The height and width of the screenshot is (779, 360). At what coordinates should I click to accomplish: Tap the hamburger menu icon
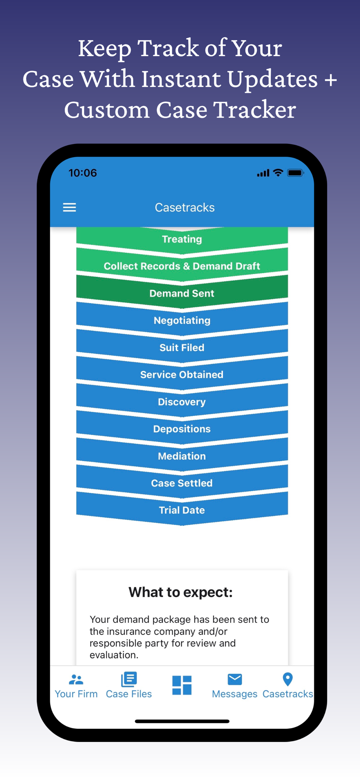(x=69, y=207)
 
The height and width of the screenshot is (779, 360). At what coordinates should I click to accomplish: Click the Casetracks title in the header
(x=185, y=208)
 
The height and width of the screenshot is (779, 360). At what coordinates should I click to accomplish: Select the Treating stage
(x=182, y=239)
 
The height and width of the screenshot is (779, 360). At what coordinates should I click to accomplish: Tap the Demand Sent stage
(x=182, y=293)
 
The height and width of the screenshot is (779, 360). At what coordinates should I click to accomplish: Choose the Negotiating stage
(x=182, y=321)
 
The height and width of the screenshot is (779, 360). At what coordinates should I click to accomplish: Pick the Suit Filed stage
(x=182, y=347)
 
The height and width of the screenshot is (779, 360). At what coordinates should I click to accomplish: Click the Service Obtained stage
(x=182, y=375)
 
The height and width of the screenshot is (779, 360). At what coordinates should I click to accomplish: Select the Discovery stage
(x=182, y=402)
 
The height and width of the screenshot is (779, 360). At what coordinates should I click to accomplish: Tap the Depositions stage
(x=182, y=429)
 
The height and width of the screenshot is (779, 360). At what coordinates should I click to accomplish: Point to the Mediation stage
(x=182, y=456)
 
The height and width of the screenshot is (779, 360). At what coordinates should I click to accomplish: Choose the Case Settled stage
(x=182, y=483)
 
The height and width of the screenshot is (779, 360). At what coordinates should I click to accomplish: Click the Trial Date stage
(x=182, y=510)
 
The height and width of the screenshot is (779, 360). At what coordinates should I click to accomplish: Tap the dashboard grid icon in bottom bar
(x=182, y=685)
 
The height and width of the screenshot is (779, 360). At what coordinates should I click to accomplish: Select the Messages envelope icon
(x=235, y=680)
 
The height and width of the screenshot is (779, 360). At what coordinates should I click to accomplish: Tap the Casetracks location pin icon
(x=288, y=680)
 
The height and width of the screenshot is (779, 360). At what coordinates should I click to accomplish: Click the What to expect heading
(x=181, y=592)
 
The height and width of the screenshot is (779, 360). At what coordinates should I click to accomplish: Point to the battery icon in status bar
(x=295, y=173)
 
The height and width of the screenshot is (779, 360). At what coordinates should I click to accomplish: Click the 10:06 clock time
(x=83, y=173)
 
